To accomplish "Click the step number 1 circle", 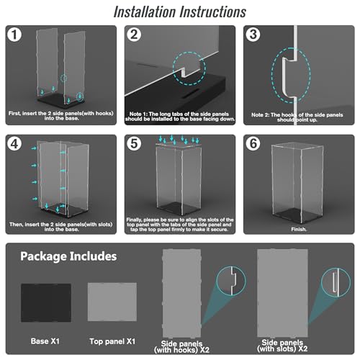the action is click(14, 35).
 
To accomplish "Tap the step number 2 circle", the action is click(134, 35).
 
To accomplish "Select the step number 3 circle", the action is click(253, 35).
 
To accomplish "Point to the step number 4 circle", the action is click(14, 144).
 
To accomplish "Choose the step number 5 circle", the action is click(134, 144).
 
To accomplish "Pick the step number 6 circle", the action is click(253, 144).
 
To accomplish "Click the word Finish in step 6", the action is click(299, 230).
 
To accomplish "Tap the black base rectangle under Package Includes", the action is click(46, 302).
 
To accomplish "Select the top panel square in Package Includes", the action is click(112, 302).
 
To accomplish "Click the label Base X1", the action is click(45, 341).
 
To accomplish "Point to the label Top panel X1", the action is click(112, 341).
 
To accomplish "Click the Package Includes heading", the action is click(68, 256).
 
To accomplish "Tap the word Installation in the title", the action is click(145, 12).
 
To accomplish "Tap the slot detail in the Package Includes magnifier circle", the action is click(334, 282).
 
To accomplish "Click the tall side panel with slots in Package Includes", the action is click(282, 293).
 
